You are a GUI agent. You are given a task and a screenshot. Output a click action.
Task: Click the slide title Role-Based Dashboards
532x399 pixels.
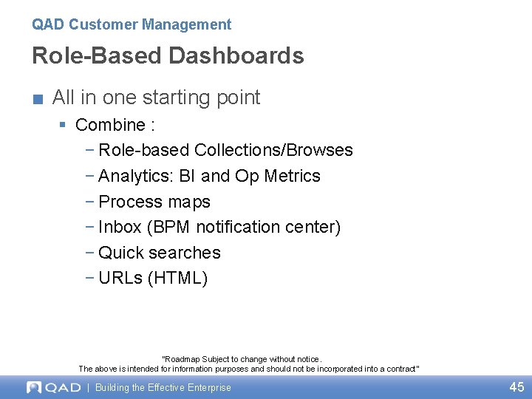168,56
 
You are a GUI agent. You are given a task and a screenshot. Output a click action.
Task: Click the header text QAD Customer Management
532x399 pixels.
132,24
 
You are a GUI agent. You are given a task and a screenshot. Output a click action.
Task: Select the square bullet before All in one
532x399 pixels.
38,98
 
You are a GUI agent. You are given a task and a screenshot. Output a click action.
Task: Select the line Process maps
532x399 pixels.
154,202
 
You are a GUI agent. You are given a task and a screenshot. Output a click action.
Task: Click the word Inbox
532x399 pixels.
120,227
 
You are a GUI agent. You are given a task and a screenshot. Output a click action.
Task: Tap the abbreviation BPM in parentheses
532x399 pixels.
171,227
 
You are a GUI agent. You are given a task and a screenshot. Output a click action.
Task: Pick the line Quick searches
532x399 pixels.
159,253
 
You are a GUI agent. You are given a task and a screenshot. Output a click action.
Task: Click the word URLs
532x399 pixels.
120,279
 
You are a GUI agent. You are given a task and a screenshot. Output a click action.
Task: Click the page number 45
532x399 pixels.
516,387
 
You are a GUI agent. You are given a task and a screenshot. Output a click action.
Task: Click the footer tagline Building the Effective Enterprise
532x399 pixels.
163,387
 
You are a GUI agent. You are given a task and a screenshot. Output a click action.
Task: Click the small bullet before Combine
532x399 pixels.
64,125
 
